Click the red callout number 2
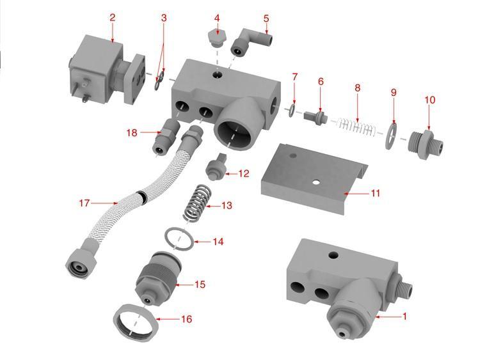(x=113, y=18)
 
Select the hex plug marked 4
(x=217, y=38)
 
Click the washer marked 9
(x=391, y=136)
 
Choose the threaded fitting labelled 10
(x=426, y=144)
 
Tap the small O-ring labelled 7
(x=292, y=111)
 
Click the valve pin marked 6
(x=315, y=117)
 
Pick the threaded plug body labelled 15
(x=157, y=279)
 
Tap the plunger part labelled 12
(x=216, y=167)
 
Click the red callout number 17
(x=84, y=203)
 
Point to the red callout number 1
(x=405, y=316)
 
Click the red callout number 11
(x=375, y=192)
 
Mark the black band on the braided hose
(x=142, y=198)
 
